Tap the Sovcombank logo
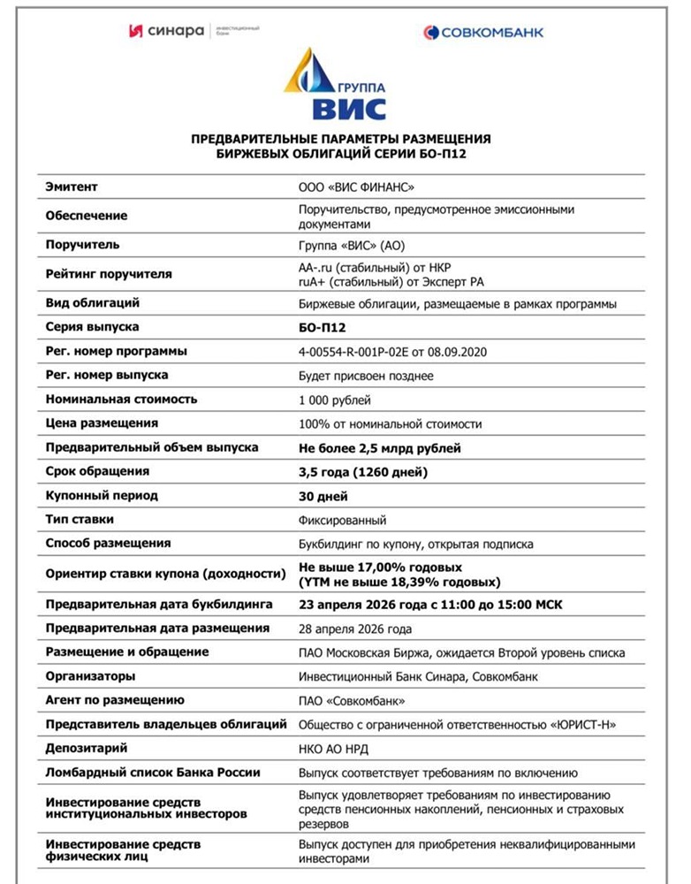point(483,33)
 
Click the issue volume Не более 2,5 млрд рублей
point(380,448)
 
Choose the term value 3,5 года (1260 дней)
point(363,472)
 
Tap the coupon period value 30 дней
point(323,496)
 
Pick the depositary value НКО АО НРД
point(333,749)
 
